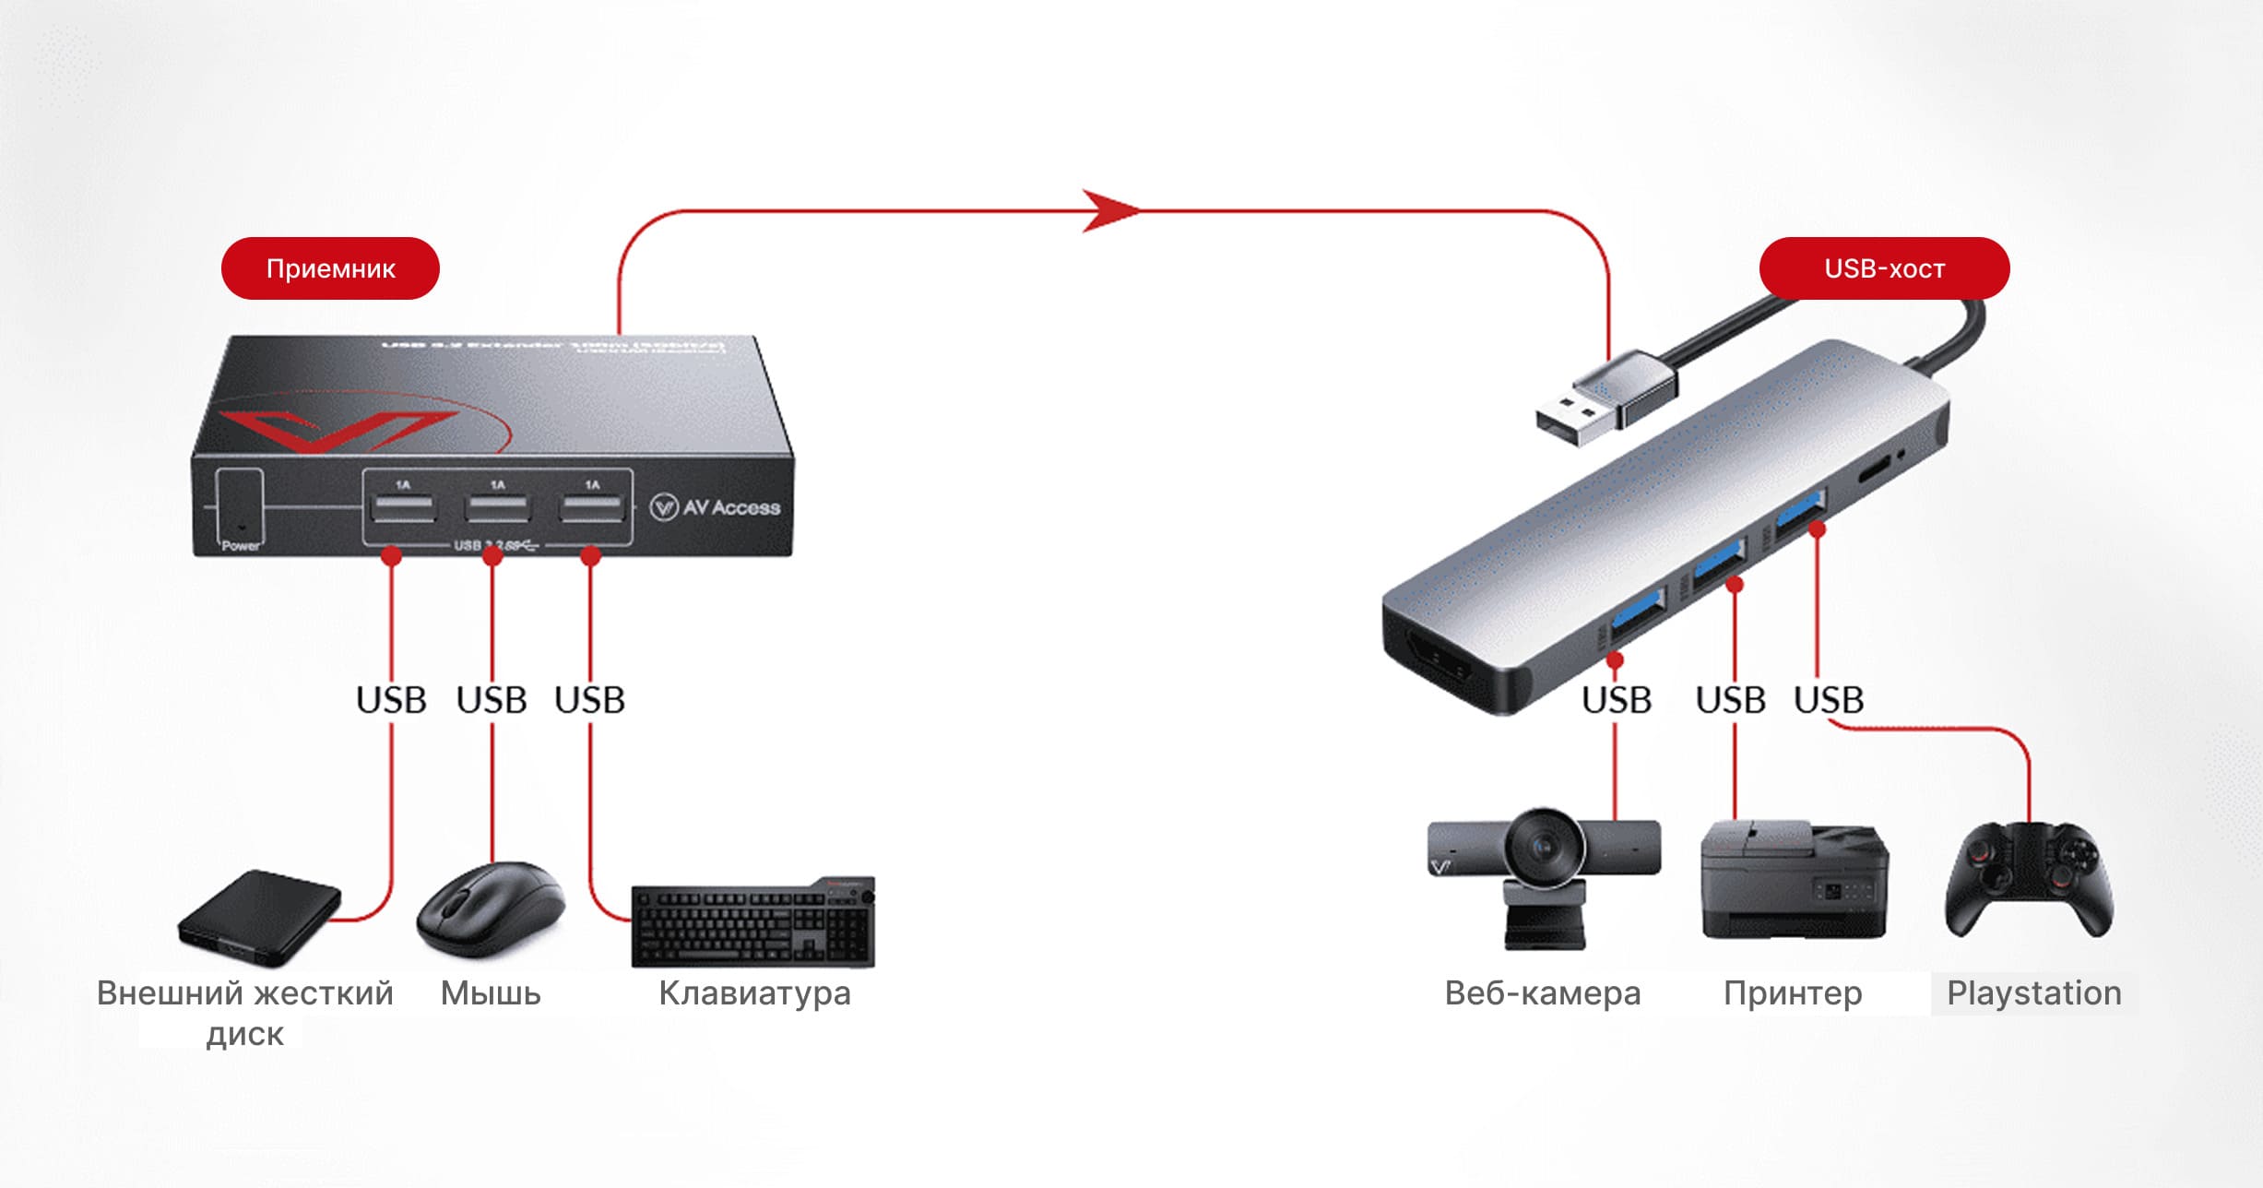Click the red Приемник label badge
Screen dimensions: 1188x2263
[x=330, y=268]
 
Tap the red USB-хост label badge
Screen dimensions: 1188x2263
[x=1884, y=268]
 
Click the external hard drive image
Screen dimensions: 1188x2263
[x=260, y=917]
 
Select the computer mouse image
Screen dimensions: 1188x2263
[x=490, y=909]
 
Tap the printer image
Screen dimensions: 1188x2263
[x=1794, y=881]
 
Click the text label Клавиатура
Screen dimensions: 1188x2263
[x=754, y=993]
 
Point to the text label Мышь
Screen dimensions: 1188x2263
[x=491, y=993]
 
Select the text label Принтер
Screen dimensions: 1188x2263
[x=1793, y=993]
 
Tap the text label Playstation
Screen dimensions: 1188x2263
[x=2033, y=993]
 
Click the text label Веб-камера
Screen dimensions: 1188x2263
[x=1543, y=993]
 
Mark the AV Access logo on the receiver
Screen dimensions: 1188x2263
[x=716, y=507]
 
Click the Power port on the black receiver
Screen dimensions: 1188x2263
[x=240, y=507]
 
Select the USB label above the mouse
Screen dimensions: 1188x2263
[x=492, y=700]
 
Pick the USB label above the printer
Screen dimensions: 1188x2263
[x=1730, y=700]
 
